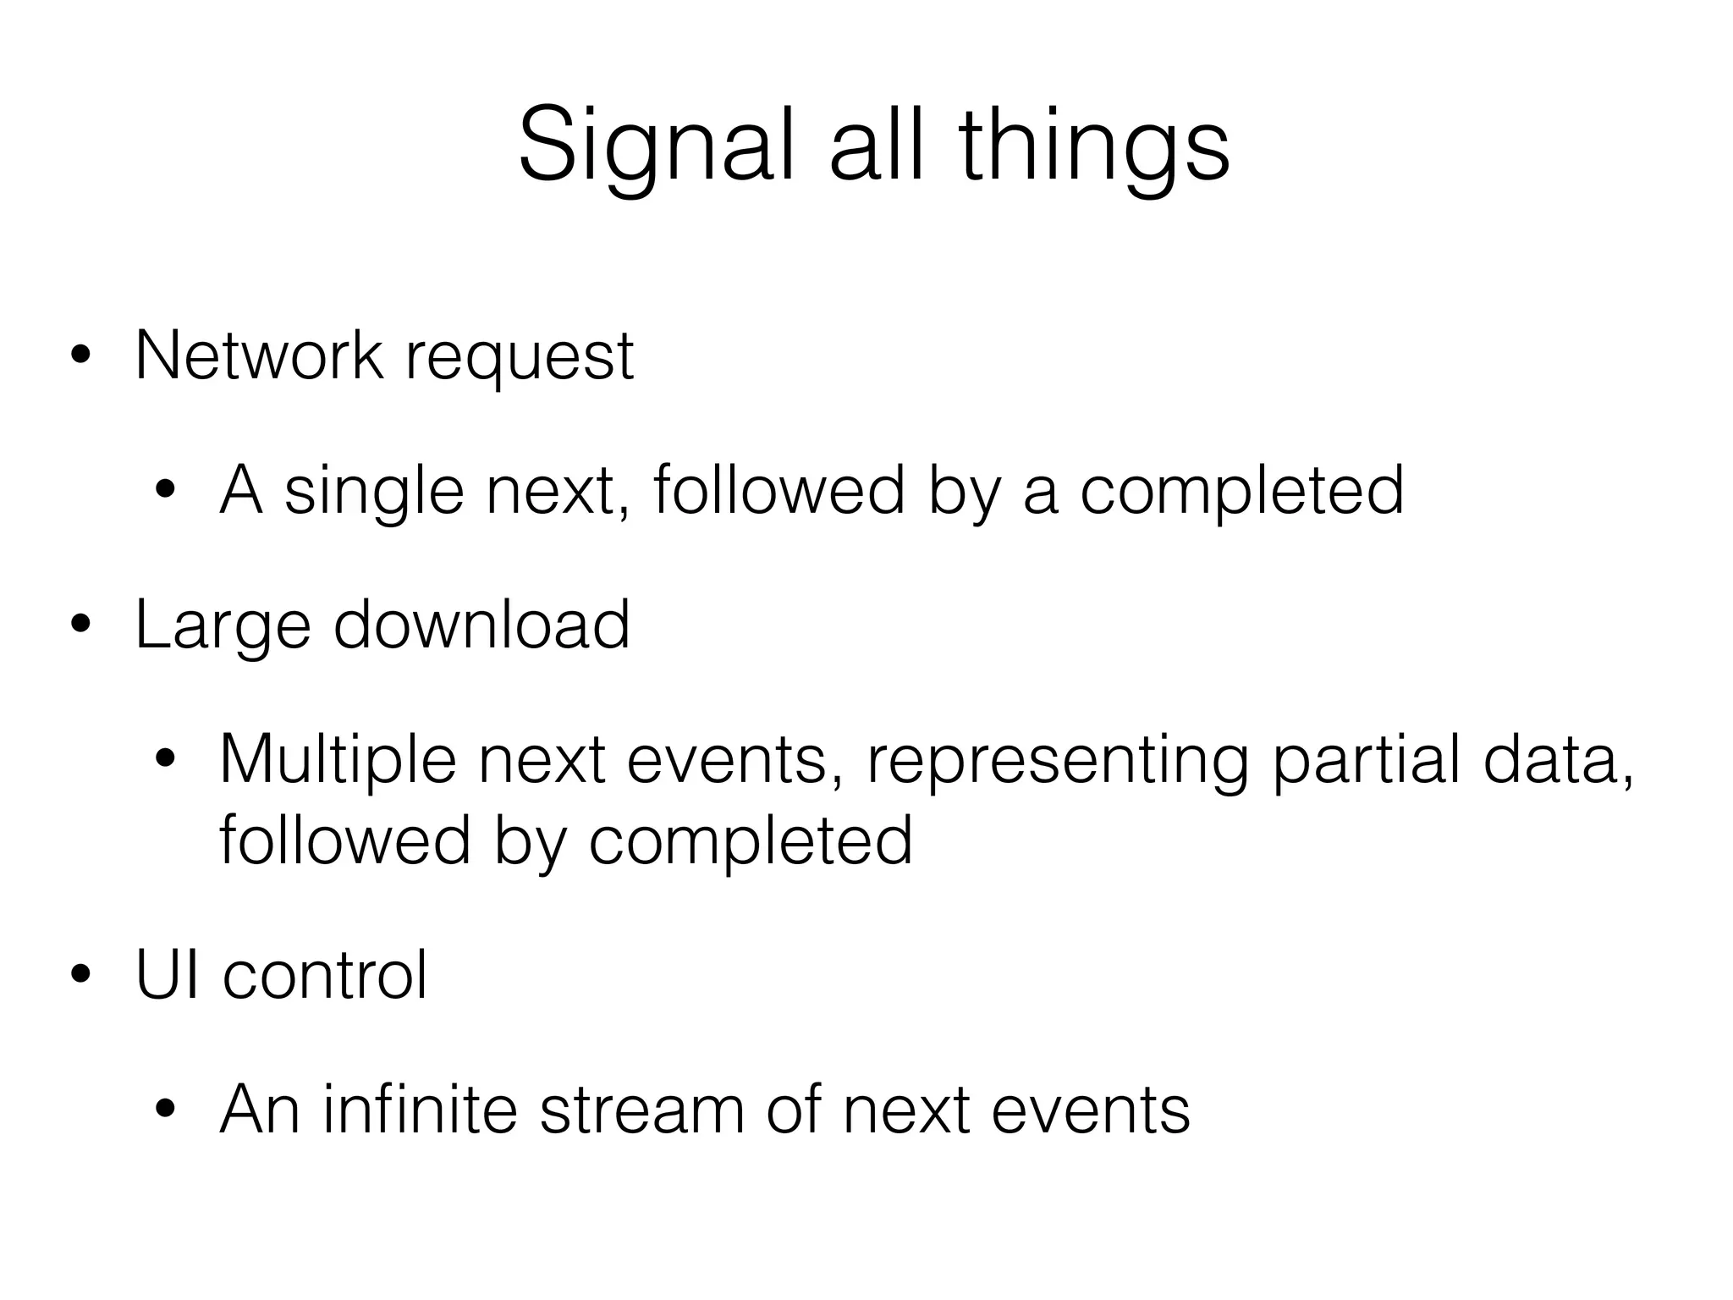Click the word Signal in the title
[x=657, y=146]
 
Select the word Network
[x=259, y=355]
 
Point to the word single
[x=374, y=493]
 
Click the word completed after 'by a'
[x=1242, y=491]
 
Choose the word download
[x=481, y=625]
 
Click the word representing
[x=1058, y=761]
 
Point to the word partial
[x=1366, y=761]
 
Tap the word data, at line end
[x=1559, y=759]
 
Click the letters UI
[x=168, y=975]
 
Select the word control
[x=325, y=975]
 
